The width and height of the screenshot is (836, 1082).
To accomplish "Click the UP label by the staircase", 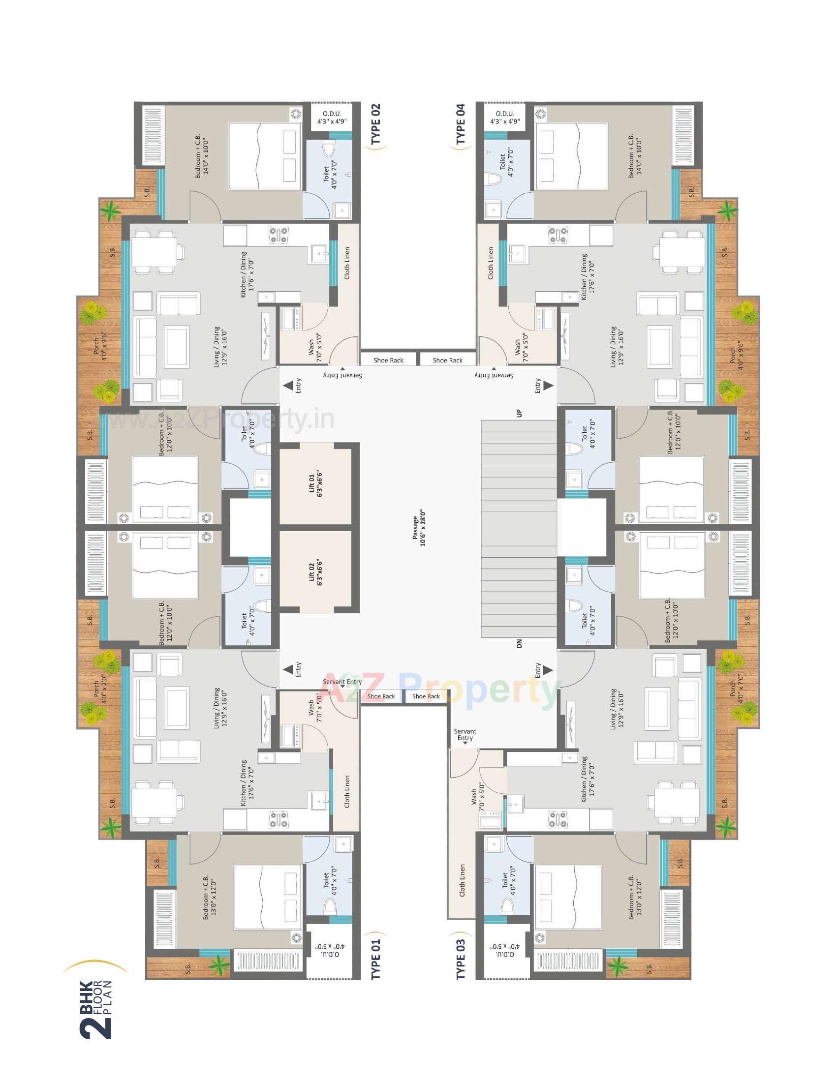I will pyautogui.click(x=519, y=413).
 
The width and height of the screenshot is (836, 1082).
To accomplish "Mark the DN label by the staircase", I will pyautogui.click(x=519, y=644).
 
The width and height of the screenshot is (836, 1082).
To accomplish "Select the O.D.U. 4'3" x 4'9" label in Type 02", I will pyautogui.click(x=332, y=118).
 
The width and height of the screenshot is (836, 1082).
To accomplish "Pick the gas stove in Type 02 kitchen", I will pyautogui.click(x=279, y=234).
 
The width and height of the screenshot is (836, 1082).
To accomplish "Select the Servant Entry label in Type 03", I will pyautogui.click(x=465, y=735).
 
